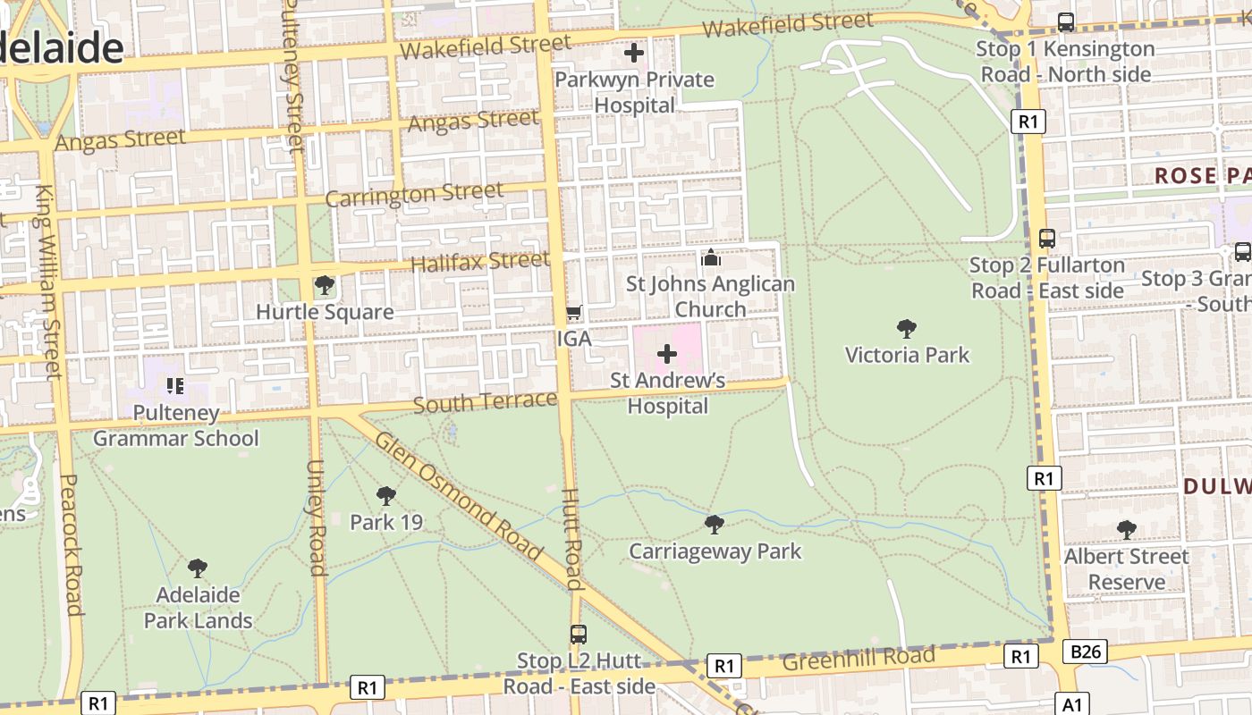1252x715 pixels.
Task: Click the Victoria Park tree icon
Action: point(907,329)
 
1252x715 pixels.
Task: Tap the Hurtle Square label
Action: point(325,312)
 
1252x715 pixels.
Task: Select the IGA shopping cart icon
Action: point(574,313)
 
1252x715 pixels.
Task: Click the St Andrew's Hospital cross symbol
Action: point(667,354)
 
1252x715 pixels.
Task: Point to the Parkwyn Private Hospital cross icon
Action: point(634,53)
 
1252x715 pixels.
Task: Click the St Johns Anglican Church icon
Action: point(711,258)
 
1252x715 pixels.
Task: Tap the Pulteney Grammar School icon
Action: point(175,386)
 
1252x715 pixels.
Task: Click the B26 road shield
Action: point(1086,652)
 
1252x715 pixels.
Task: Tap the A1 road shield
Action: point(1073,704)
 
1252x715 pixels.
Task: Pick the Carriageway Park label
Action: point(715,551)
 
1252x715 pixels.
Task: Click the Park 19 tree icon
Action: point(386,496)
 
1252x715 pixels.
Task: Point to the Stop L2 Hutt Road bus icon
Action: point(579,635)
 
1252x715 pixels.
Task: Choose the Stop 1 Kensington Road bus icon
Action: point(1066,22)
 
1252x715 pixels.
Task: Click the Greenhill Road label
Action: point(858,660)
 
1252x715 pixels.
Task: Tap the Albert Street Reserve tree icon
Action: point(1127,530)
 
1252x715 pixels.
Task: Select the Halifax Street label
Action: point(479,262)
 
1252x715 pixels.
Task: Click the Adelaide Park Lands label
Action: point(198,608)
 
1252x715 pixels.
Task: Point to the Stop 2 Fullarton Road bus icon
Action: point(1047,239)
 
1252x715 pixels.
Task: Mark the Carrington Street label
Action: point(414,194)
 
